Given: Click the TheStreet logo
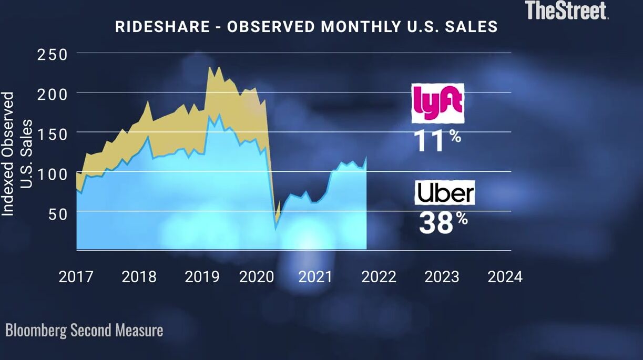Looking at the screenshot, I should (567, 10).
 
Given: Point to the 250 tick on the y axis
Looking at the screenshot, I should (52, 54).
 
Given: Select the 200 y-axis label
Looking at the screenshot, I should (52, 94).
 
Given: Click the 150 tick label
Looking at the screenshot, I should (52, 134).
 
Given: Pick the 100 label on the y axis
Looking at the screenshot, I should (52, 173).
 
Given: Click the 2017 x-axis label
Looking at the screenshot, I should (76, 277).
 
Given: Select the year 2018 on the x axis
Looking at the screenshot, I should (139, 277).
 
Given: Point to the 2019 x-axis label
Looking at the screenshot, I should (202, 277).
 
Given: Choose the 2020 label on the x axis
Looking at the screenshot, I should (257, 277).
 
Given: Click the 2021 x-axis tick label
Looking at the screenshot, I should (315, 277).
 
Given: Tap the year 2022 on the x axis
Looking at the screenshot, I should (379, 277).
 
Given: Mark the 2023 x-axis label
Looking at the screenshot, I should (442, 277).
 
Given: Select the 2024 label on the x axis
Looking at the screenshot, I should (505, 277).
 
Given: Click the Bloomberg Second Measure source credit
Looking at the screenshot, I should (84, 331).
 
